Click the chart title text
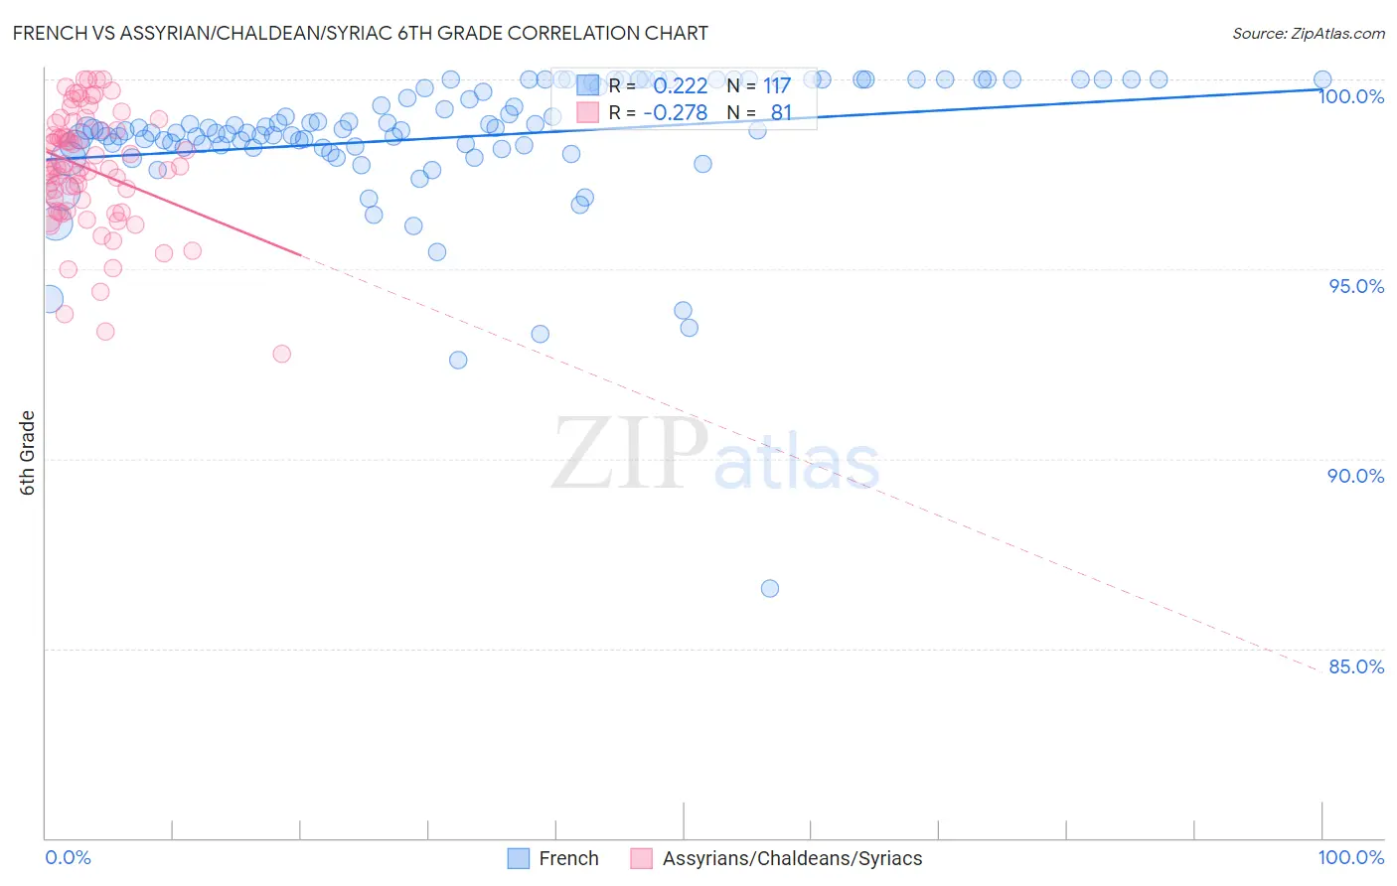[360, 33]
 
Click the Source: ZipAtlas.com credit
[1308, 33]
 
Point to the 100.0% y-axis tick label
[1351, 96]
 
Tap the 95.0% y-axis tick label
[1356, 286]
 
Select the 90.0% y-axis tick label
[1356, 476]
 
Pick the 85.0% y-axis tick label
[1356, 666]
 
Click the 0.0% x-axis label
[69, 857]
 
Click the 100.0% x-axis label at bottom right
[1350, 857]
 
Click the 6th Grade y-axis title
[28, 453]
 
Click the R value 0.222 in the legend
[681, 86]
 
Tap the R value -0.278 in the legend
[676, 112]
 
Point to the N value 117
[777, 86]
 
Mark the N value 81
[781, 112]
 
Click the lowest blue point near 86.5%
[770, 588]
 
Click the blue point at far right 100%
[1322, 79]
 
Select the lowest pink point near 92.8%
[282, 354]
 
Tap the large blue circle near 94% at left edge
[48, 299]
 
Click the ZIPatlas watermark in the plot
[716, 454]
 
